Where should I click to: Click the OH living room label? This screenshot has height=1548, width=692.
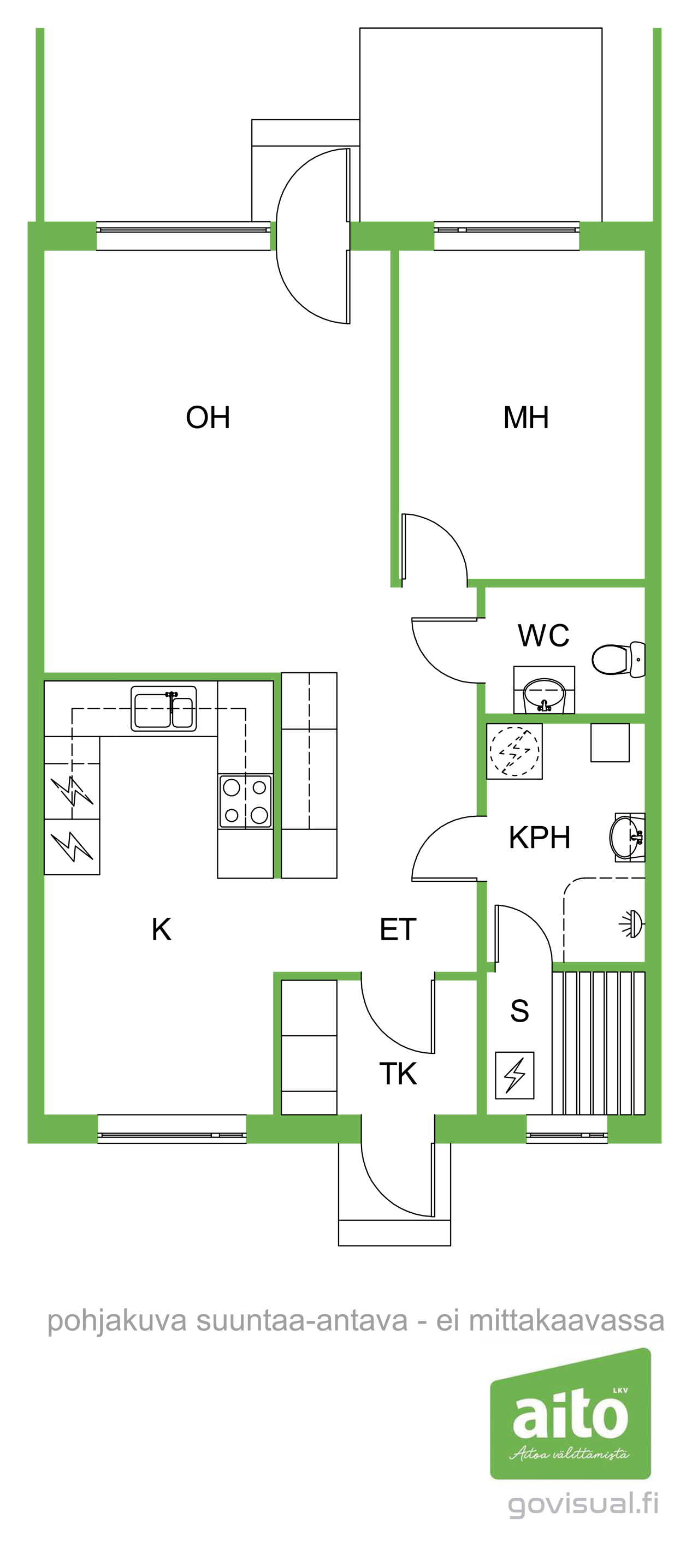[208, 417]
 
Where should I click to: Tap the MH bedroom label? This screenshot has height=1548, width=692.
[526, 417]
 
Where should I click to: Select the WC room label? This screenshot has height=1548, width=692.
[543, 635]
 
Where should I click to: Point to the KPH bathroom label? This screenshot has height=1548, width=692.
[539, 837]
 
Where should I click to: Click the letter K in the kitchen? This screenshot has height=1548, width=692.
[162, 929]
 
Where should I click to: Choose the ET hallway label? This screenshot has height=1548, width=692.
[398, 929]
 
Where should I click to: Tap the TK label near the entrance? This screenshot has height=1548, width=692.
[398, 1073]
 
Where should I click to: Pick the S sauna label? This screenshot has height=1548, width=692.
[519, 1011]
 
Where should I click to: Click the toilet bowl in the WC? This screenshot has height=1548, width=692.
[619, 659]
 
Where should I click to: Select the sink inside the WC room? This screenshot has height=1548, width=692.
[544, 695]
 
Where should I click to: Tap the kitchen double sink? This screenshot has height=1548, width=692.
[163, 709]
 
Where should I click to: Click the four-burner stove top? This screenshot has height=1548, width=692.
[245, 801]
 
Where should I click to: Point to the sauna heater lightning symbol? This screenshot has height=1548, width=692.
[514, 1075]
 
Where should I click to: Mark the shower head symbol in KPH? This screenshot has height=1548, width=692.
[632, 924]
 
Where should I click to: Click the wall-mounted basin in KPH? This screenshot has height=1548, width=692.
[627, 837]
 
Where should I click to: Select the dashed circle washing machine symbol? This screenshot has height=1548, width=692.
[514, 751]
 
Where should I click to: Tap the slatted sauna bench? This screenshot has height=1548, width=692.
[598, 1043]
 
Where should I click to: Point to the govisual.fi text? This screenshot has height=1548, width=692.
[583, 1504]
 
